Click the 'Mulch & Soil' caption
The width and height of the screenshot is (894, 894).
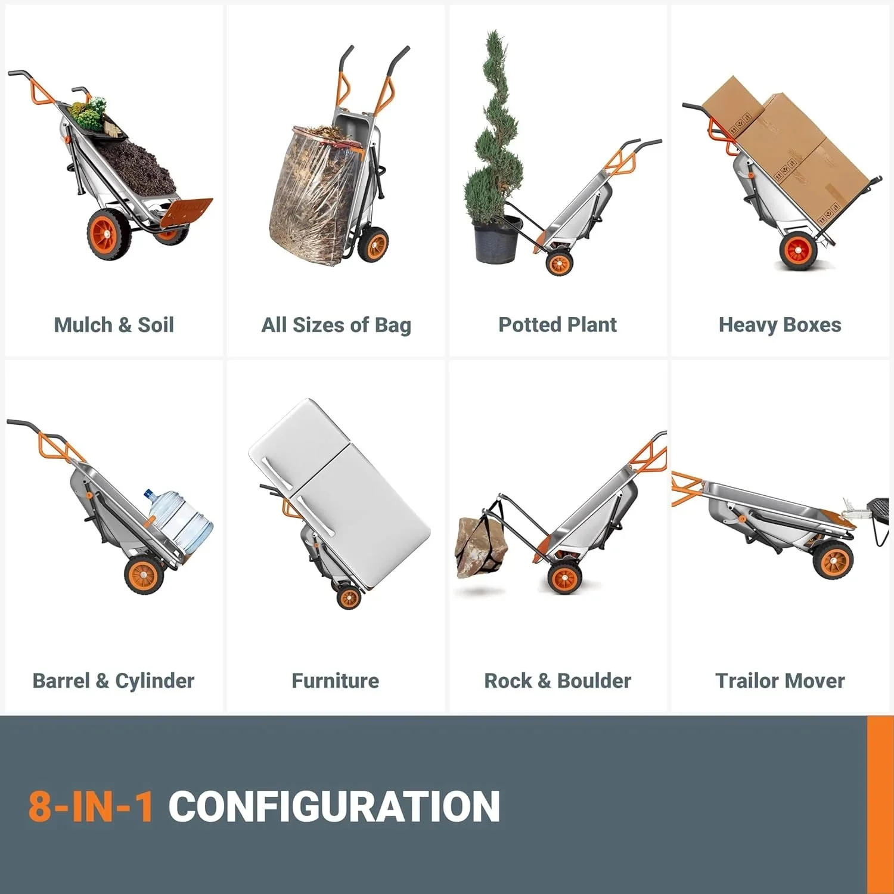(x=114, y=325)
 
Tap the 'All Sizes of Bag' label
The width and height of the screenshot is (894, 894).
(x=336, y=325)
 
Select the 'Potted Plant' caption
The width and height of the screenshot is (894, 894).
(x=558, y=325)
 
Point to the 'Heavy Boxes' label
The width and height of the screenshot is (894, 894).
(x=780, y=325)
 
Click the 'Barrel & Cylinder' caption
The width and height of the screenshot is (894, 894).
(x=113, y=681)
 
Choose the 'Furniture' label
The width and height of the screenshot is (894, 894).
(x=336, y=681)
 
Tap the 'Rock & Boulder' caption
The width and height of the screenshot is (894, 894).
(x=558, y=681)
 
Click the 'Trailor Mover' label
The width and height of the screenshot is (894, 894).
(x=780, y=681)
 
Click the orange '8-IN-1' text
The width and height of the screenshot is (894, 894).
(x=91, y=806)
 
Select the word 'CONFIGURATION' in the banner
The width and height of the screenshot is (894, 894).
(x=334, y=806)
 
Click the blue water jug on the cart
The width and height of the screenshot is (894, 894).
(x=179, y=521)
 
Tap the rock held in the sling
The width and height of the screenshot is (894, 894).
(x=482, y=547)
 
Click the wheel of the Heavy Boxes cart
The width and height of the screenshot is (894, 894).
(x=799, y=250)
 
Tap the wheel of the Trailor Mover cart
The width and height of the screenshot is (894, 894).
(x=834, y=560)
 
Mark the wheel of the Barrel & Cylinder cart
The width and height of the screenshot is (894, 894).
(x=144, y=575)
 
